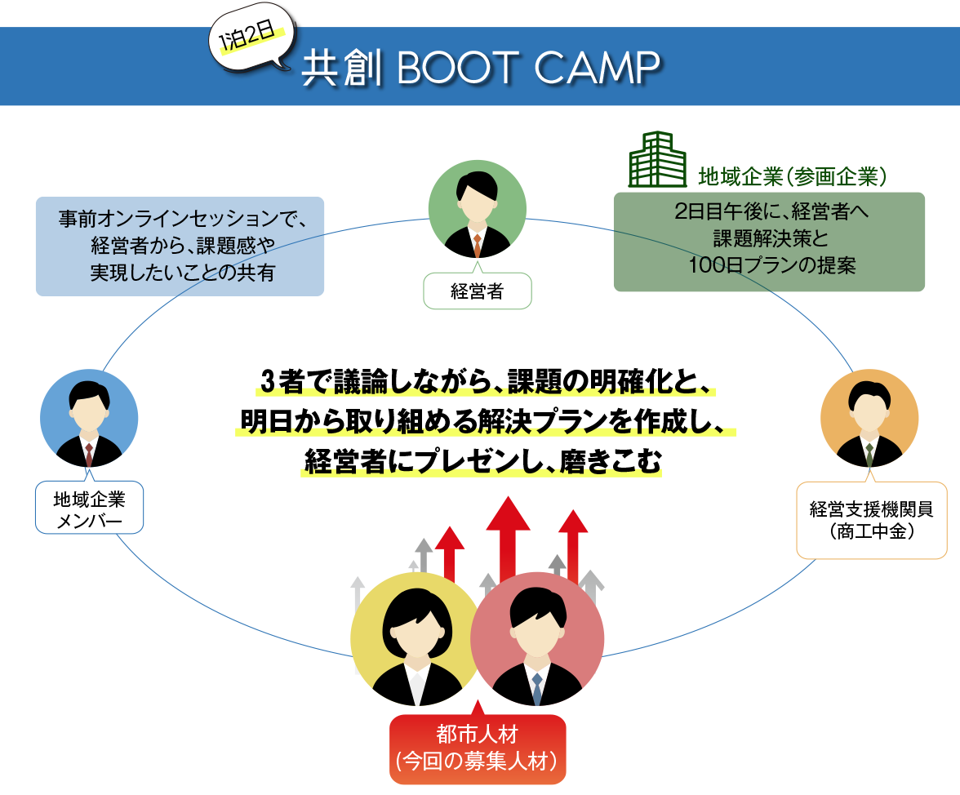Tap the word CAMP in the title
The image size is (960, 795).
point(597,67)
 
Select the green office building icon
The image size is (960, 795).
point(657,159)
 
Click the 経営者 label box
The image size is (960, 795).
point(478,291)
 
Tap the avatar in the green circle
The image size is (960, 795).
point(478,209)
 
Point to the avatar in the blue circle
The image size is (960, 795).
point(89,418)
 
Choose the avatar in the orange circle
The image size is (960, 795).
point(869,418)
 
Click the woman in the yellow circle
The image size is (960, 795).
point(417,639)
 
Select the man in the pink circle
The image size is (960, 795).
point(537,639)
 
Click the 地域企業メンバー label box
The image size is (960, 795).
point(90,508)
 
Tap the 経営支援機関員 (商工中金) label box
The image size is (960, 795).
point(872,520)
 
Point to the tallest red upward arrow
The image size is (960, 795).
point(508,539)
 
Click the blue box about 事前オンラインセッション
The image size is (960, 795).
point(180,246)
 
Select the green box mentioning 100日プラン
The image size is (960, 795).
point(769,242)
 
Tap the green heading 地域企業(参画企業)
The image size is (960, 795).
point(792,177)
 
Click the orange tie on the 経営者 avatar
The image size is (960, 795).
point(477,246)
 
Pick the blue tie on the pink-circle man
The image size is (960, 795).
point(537,689)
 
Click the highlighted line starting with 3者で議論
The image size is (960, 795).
point(487,382)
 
